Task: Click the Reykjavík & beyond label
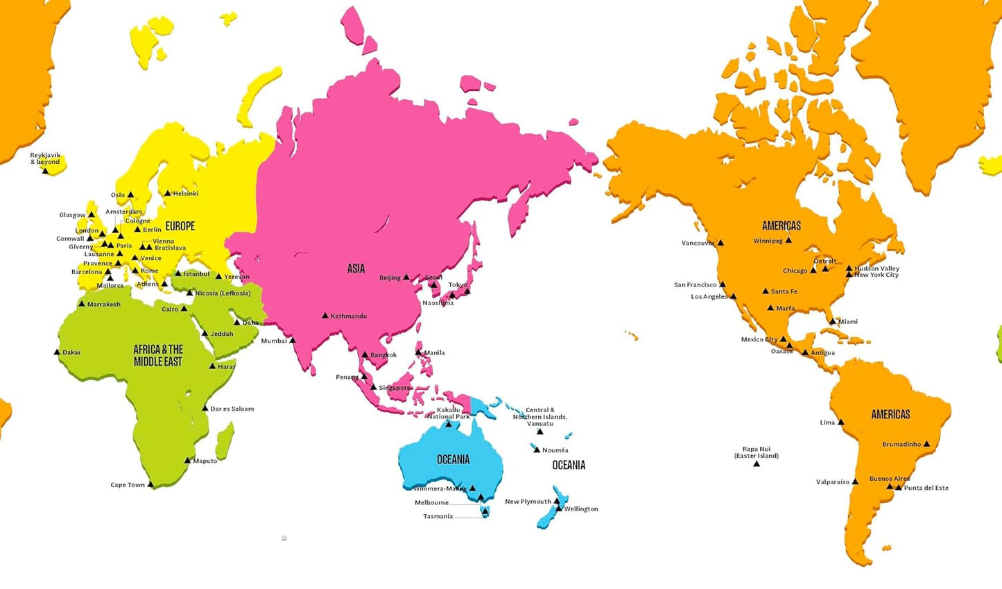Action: point(45,159)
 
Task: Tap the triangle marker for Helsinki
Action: point(167,194)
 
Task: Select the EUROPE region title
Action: point(180,226)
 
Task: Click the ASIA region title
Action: point(356,268)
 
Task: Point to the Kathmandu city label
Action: point(349,316)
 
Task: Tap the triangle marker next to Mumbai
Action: point(293,340)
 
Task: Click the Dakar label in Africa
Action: point(71,352)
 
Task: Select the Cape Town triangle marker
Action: point(151,484)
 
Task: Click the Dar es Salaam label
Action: point(232,409)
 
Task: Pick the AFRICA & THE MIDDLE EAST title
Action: point(158,355)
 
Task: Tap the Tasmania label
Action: point(438,516)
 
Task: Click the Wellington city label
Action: point(581,509)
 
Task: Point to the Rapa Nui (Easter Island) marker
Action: point(757,463)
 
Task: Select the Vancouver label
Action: point(698,244)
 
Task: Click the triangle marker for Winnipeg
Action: point(788,240)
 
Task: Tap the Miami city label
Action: point(848,322)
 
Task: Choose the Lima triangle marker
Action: point(841,422)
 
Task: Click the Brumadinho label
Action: point(901,445)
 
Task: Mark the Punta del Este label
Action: point(926,488)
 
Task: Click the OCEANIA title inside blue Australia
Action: point(454,460)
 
